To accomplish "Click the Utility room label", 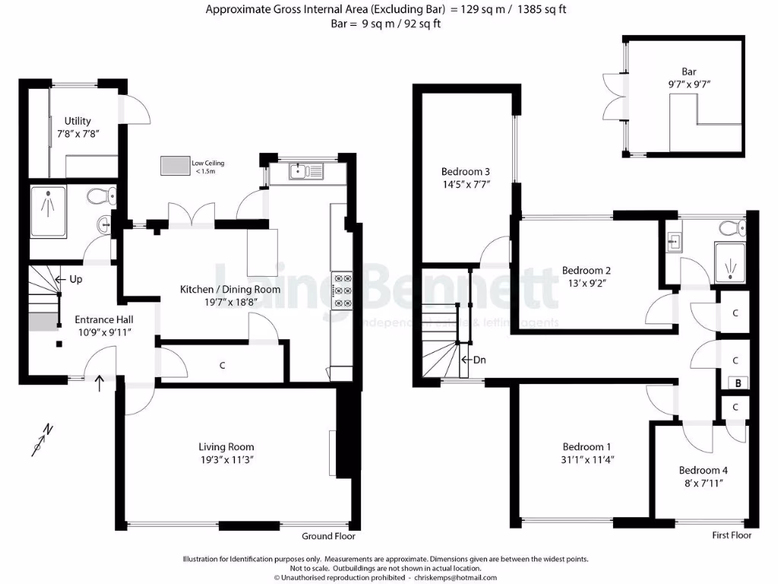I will (x=77, y=121).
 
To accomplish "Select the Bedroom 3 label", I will (x=466, y=171).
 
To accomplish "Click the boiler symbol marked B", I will (x=737, y=384).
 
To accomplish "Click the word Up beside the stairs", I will (x=75, y=279).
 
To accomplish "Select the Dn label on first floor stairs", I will (x=479, y=360).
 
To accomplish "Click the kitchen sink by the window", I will (x=306, y=173).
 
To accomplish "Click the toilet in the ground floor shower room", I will (x=100, y=197).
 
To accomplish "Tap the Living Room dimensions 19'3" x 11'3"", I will (x=226, y=460).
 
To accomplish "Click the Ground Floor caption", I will (x=328, y=535).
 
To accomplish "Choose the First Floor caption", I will (x=732, y=535).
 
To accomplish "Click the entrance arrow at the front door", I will (x=100, y=384).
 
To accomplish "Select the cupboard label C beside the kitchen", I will (x=223, y=366).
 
